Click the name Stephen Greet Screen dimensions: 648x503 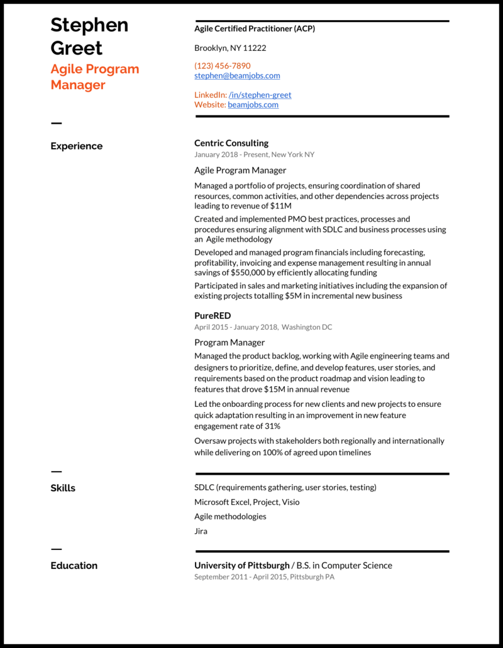click(x=89, y=36)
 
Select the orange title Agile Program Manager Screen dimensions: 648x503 click(x=94, y=77)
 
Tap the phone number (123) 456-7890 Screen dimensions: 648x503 click(x=222, y=66)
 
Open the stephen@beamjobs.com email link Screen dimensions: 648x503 click(x=237, y=76)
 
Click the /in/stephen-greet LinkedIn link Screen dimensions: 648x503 click(x=260, y=95)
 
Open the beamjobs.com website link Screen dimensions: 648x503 click(x=253, y=105)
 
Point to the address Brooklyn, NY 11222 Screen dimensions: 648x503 click(x=230, y=48)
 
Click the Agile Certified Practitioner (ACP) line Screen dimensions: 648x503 click(x=255, y=29)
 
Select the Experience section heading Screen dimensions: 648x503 click(x=76, y=146)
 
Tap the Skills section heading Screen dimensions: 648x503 click(x=63, y=488)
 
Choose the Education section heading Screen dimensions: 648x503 click(x=74, y=566)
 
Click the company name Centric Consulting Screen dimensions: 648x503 click(x=231, y=143)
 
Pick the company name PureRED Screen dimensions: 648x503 click(x=213, y=316)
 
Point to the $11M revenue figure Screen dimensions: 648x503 click(x=280, y=206)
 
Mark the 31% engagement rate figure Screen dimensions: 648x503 click(x=272, y=426)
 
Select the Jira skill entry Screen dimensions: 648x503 click(x=201, y=531)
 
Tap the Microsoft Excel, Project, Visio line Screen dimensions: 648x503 click(x=246, y=502)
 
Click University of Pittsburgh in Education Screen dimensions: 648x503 click(x=242, y=566)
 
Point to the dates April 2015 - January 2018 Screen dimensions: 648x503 click(x=236, y=327)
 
